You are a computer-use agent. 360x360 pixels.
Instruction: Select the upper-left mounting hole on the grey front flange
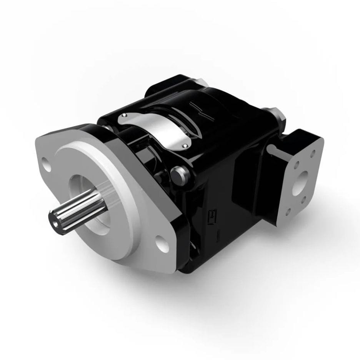point(47,166)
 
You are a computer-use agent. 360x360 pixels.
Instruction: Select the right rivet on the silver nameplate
point(185,146)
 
